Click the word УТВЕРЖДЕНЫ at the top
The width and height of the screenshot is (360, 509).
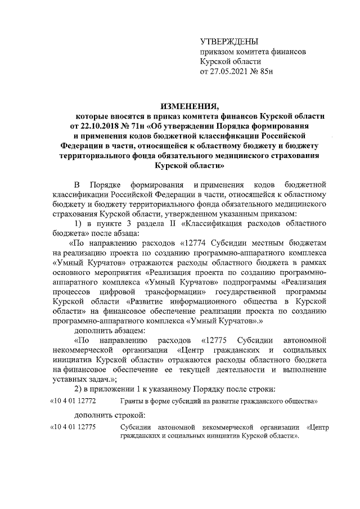pos(229,42)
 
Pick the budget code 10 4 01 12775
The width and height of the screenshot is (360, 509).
pos(74,427)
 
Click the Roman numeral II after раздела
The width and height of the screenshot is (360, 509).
pos(165,224)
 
